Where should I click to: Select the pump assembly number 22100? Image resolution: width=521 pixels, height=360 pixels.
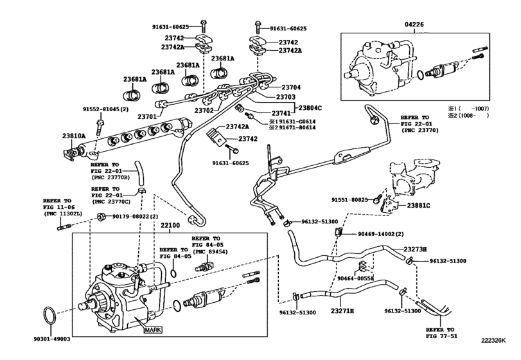click(x=170, y=226)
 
